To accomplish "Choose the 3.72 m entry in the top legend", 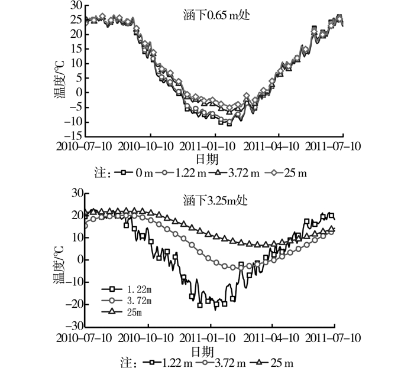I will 243,173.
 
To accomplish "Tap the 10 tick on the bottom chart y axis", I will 76,237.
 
